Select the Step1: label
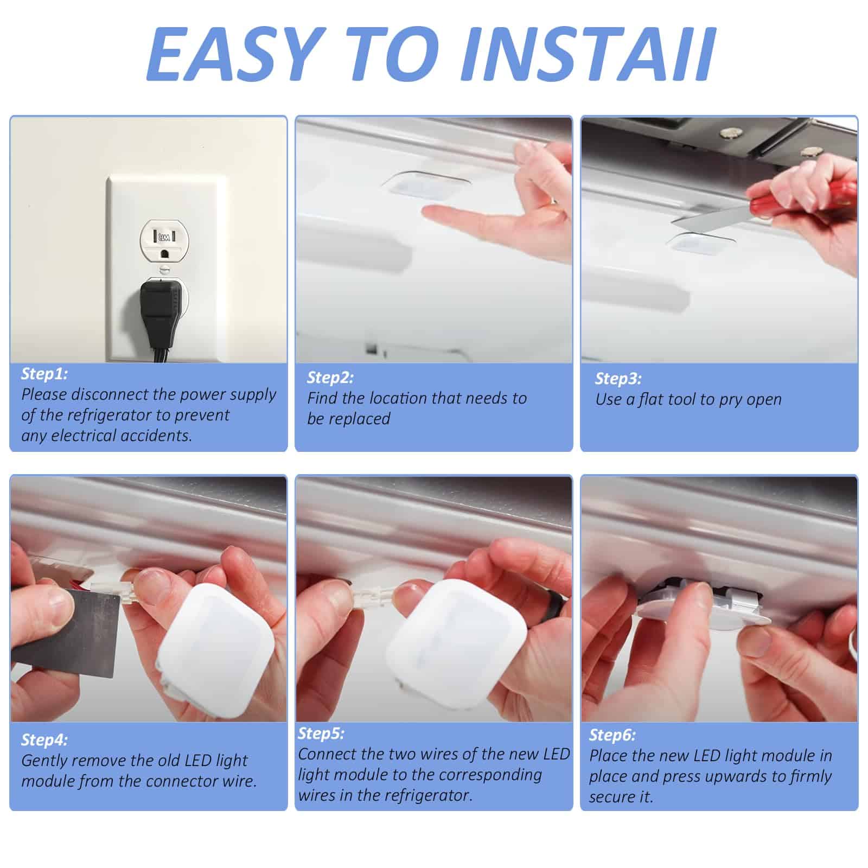[44, 374]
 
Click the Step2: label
[330, 378]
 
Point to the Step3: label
[618, 379]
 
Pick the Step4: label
[44, 740]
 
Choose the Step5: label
[321, 733]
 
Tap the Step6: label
[612, 735]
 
